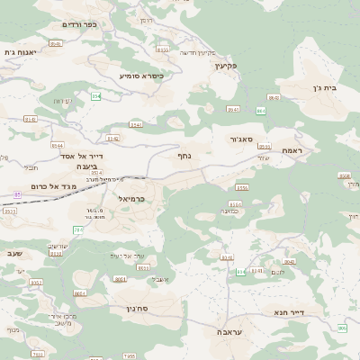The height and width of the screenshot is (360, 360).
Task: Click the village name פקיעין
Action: point(225,67)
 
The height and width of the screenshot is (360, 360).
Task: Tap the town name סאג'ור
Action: point(251,140)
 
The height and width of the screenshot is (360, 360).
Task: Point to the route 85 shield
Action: point(17,193)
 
